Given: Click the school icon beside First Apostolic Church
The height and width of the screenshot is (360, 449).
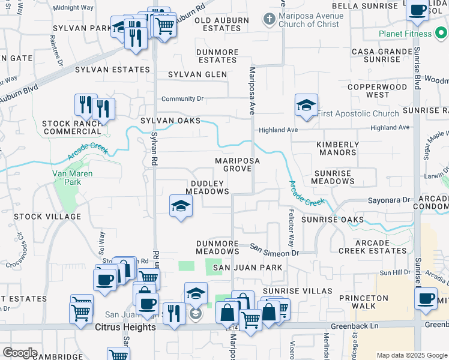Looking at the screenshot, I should (306, 106).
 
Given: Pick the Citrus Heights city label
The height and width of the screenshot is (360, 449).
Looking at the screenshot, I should (125, 327).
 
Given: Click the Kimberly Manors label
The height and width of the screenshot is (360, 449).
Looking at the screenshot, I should (337, 148).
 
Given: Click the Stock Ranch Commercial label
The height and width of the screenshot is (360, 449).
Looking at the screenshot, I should (74, 127).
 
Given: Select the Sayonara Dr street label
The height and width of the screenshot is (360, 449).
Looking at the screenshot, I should (388, 199).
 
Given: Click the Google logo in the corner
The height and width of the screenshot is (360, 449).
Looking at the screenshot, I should (20, 353).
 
